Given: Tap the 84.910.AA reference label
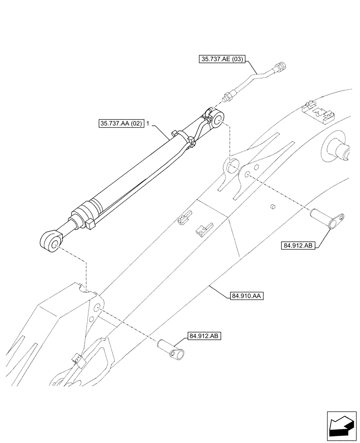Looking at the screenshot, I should (247, 294).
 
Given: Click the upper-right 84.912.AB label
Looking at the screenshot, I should (298, 246).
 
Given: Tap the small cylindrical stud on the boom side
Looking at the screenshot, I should (273, 207).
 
